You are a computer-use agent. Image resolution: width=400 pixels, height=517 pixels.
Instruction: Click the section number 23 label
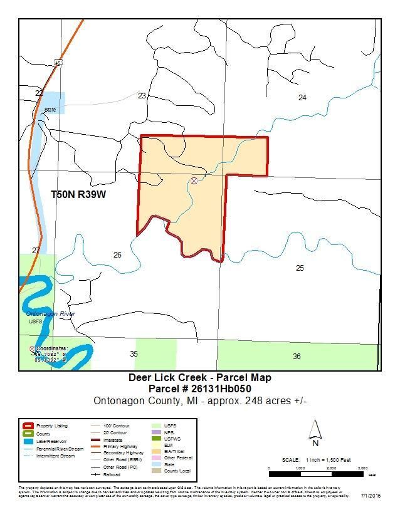click(x=142, y=96)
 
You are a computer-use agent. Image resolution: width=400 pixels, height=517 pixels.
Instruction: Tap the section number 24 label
click(x=302, y=97)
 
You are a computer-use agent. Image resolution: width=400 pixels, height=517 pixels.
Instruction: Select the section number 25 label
click(x=300, y=268)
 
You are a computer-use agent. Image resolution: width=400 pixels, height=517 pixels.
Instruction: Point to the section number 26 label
click(x=117, y=254)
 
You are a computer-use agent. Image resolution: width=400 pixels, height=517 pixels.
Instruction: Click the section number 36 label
click(x=297, y=356)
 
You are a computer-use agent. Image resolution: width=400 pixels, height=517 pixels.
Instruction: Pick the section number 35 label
click(x=134, y=354)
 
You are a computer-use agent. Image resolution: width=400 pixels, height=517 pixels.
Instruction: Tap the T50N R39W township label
click(x=78, y=195)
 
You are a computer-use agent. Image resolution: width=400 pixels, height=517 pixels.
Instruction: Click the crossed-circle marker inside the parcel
click(x=194, y=180)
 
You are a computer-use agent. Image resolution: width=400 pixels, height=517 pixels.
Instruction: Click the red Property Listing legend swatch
click(x=27, y=426)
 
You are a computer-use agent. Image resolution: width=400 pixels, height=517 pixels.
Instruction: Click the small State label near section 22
click(x=50, y=110)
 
